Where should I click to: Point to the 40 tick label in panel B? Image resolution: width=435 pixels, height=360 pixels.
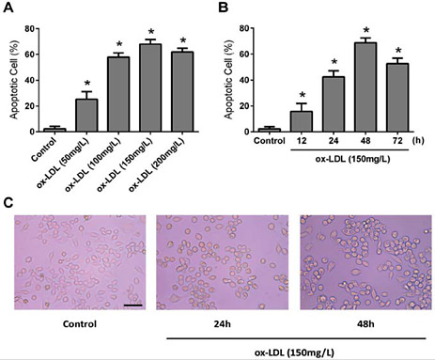pos(251,79)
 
